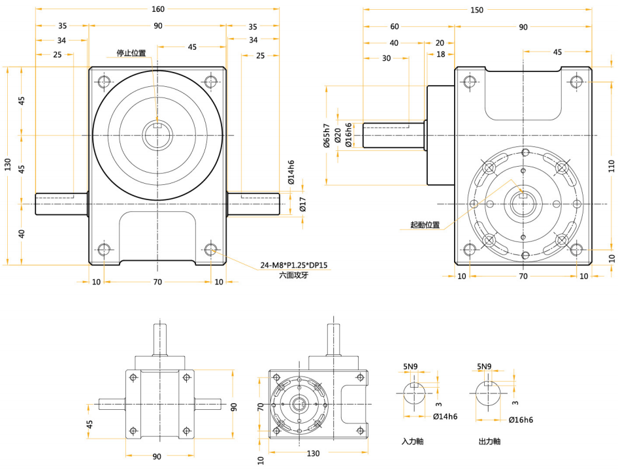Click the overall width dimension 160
click(157, 9)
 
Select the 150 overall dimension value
click(477, 10)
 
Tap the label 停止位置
click(131, 53)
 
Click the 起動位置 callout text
click(425, 225)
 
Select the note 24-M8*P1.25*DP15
click(293, 265)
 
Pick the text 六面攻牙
click(293, 276)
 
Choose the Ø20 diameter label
click(337, 135)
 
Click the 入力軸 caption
click(412, 442)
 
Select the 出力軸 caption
click(489, 442)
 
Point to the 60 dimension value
click(395, 27)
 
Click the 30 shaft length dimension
click(386, 58)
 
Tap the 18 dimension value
click(440, 55)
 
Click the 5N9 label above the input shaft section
click(410, 367)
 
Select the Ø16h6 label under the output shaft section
click(521, 420)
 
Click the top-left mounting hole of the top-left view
click(104, 82)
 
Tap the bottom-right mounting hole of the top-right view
click(576, 249)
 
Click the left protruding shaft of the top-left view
click(61, 203)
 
